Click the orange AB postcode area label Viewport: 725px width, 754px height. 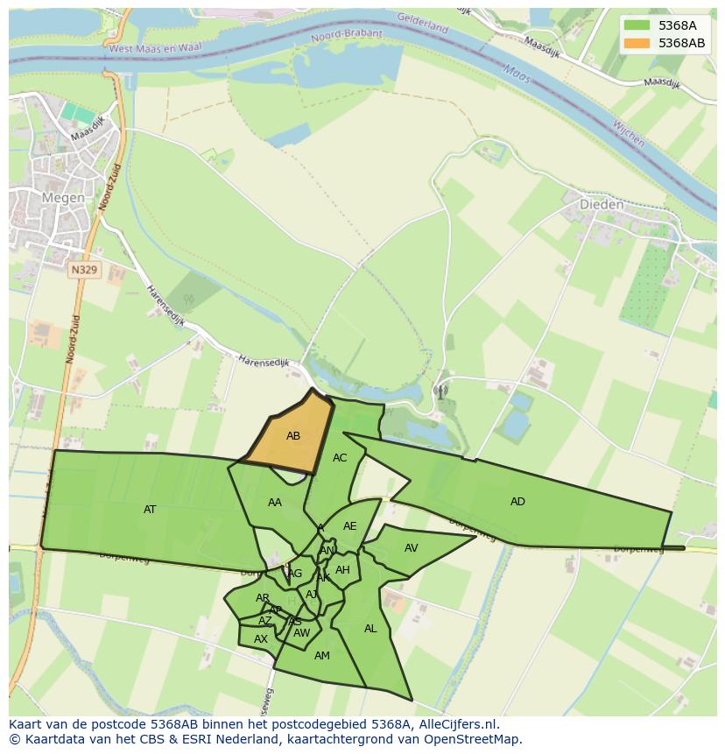(293, 436)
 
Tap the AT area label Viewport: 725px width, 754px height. (150, 510)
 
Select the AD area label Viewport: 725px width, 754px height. (517, 502)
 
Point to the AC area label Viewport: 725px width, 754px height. (340, 458)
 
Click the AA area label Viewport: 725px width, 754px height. (275, 503)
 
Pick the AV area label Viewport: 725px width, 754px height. (412, 548)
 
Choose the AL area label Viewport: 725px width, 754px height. (370, 629)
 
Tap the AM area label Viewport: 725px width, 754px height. (321, 656)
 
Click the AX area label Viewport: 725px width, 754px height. (260, 639)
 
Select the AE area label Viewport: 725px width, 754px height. (350, 526)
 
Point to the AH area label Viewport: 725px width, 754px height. (342, 570)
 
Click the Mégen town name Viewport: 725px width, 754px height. (64, 198)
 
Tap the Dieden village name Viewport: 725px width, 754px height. (602, 205)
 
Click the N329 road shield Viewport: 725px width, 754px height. (84, 271)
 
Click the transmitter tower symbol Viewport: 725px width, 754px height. (440, 391)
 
